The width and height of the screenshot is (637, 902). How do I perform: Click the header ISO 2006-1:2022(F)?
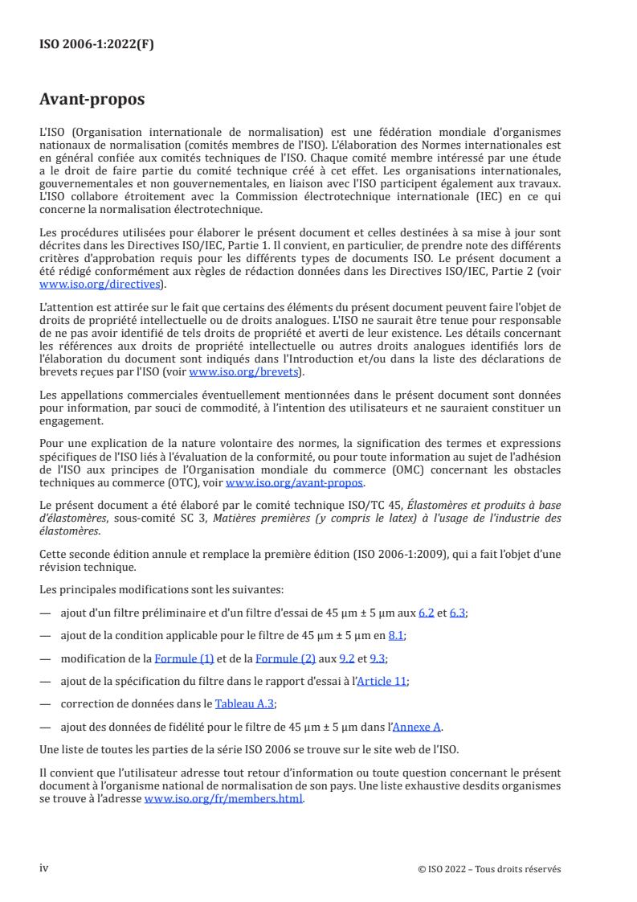coord(96,45)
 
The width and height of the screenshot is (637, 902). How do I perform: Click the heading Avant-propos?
coord(92,100)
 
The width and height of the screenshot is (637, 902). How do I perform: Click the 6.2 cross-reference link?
coord(427,613)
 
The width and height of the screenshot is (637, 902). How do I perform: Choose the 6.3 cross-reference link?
coord(457,613)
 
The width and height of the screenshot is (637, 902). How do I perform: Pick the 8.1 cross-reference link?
coord(396,635)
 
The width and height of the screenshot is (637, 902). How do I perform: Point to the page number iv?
coord(44,867)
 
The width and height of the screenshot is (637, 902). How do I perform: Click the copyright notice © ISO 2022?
coord(490,868)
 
